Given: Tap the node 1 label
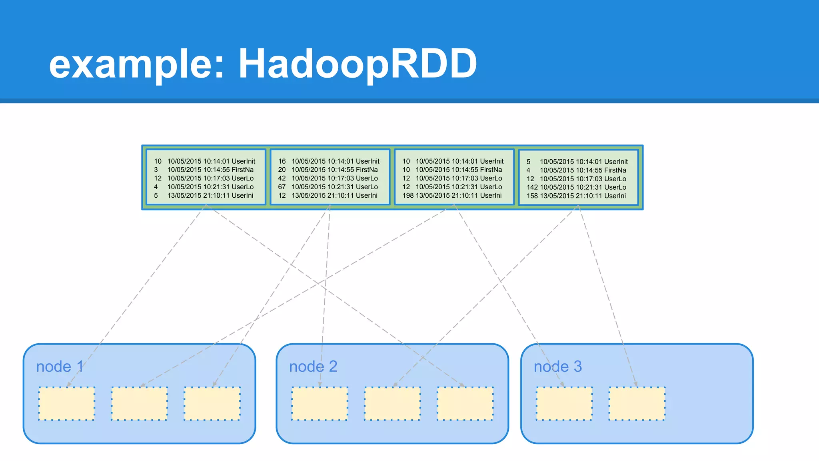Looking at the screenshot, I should tap(60, 367).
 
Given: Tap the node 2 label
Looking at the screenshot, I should tap(313, 367).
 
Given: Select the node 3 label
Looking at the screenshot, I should tap(557, 367).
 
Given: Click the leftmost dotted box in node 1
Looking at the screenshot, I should tap(67, 403).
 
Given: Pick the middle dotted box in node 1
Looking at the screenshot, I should tap(139, 403).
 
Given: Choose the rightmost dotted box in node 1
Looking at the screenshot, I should tap(212, 403).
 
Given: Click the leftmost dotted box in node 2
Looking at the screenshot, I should tap(320, 403).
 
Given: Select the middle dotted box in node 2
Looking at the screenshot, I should tap(392, 403).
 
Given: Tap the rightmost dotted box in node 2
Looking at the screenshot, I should tap(465, 403).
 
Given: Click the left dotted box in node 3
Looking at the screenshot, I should tap(564, 403).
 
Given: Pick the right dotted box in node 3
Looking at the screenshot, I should tap(637, 403).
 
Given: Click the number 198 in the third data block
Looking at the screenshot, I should tap(408, 196).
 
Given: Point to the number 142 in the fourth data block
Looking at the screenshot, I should tap(532, 187).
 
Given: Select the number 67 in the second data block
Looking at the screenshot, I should tap(282, 187).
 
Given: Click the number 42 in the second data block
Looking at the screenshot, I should tap(282, 178).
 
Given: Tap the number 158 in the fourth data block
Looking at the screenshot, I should tap(532, 196).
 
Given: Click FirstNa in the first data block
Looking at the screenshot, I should tap(242, 170).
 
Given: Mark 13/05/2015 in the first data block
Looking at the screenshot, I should tap(184, 196).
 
